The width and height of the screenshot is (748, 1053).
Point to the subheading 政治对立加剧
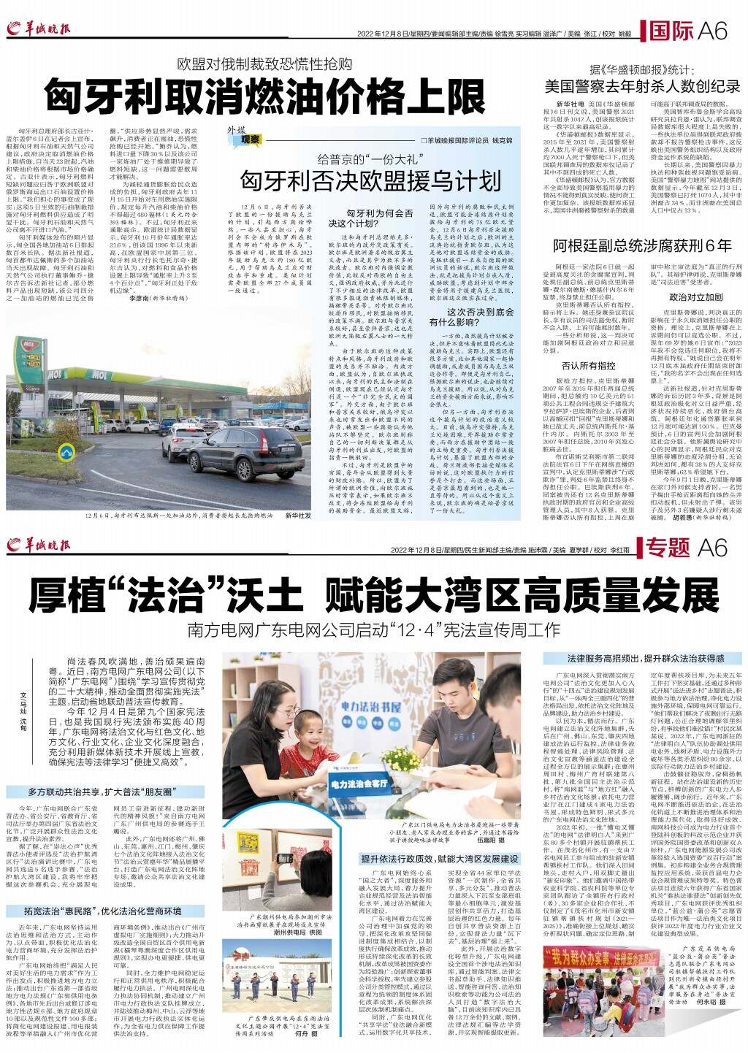point(695,298)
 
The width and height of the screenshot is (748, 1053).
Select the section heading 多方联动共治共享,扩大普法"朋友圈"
point(91,791)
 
